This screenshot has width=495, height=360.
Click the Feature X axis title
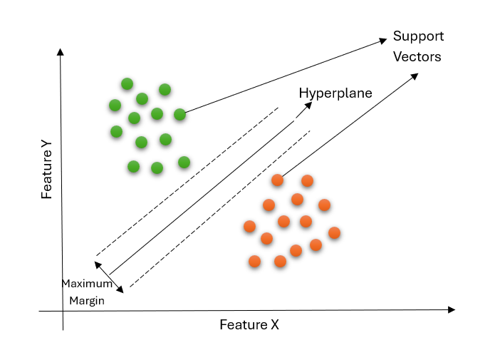click(x=249, y=325)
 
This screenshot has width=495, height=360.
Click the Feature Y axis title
click(x=47, y=169)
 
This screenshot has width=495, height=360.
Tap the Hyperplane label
click(x=335, y=93)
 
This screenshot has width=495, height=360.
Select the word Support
click(x=418, y=36)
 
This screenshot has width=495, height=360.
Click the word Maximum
click(x=87, y=283)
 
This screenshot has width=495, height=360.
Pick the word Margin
click(x=87, y=300)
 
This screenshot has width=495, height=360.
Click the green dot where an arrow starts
click(x=179, y=114)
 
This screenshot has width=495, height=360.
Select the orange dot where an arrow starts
click(x=278, y=180)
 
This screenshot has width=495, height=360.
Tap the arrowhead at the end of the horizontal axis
click(x=451, y=309)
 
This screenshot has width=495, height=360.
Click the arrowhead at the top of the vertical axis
click(x=61, y=51)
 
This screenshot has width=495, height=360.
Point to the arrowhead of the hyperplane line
click(x=308, y=105)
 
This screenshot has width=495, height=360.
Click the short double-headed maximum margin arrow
click(x=110, y=277)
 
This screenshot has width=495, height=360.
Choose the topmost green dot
click(x=127, y=84)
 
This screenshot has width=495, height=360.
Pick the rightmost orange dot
click(x=334, y=232)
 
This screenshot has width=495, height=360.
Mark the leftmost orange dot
click(x=249, y=227)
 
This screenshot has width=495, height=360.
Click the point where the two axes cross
click(x=63, y=312)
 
